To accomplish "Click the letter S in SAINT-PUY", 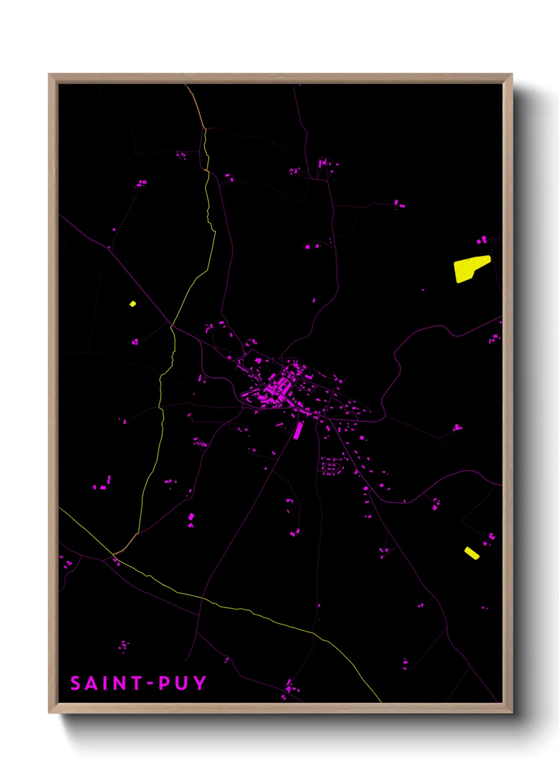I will (x=76, y=683).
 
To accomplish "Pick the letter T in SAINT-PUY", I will (x=137, y=683).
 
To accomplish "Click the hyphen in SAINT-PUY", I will (x=151, y=684).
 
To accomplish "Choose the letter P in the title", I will (x=165, y=683).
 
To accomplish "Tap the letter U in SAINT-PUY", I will (x=182, y=683).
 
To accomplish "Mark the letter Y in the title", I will (x=200, y=683).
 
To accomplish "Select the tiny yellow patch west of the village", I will (x=133, y=304).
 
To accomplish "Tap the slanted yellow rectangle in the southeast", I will (x=472, y=553).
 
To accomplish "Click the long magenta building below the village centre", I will (x=298, y=430).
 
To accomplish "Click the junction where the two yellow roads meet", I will (x=114, y=554).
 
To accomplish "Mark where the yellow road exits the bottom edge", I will (x=381, y=702).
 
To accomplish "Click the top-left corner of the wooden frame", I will (x=49, y=75).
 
